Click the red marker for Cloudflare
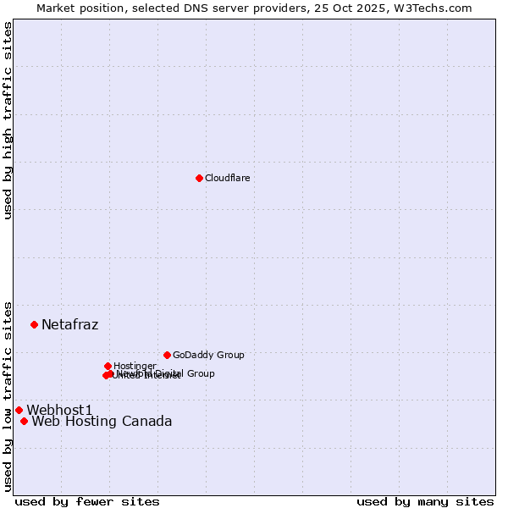(199, 178)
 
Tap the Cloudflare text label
(227, 178)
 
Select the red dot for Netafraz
(34, 324)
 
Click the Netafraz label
(69, 324)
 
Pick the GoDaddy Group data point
(167, 355)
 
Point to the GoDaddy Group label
(208, 355)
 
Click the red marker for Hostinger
(108, 366)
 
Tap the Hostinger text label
(135, 366)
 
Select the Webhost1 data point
(19, 410)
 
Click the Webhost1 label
(59, 410)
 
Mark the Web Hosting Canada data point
(24, 421)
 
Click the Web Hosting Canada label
(102, 421)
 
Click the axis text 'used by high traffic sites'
(8, 120)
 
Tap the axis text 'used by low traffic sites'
(8, 395)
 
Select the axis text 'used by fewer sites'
(87, 501)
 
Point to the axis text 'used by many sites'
(425, 501)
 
